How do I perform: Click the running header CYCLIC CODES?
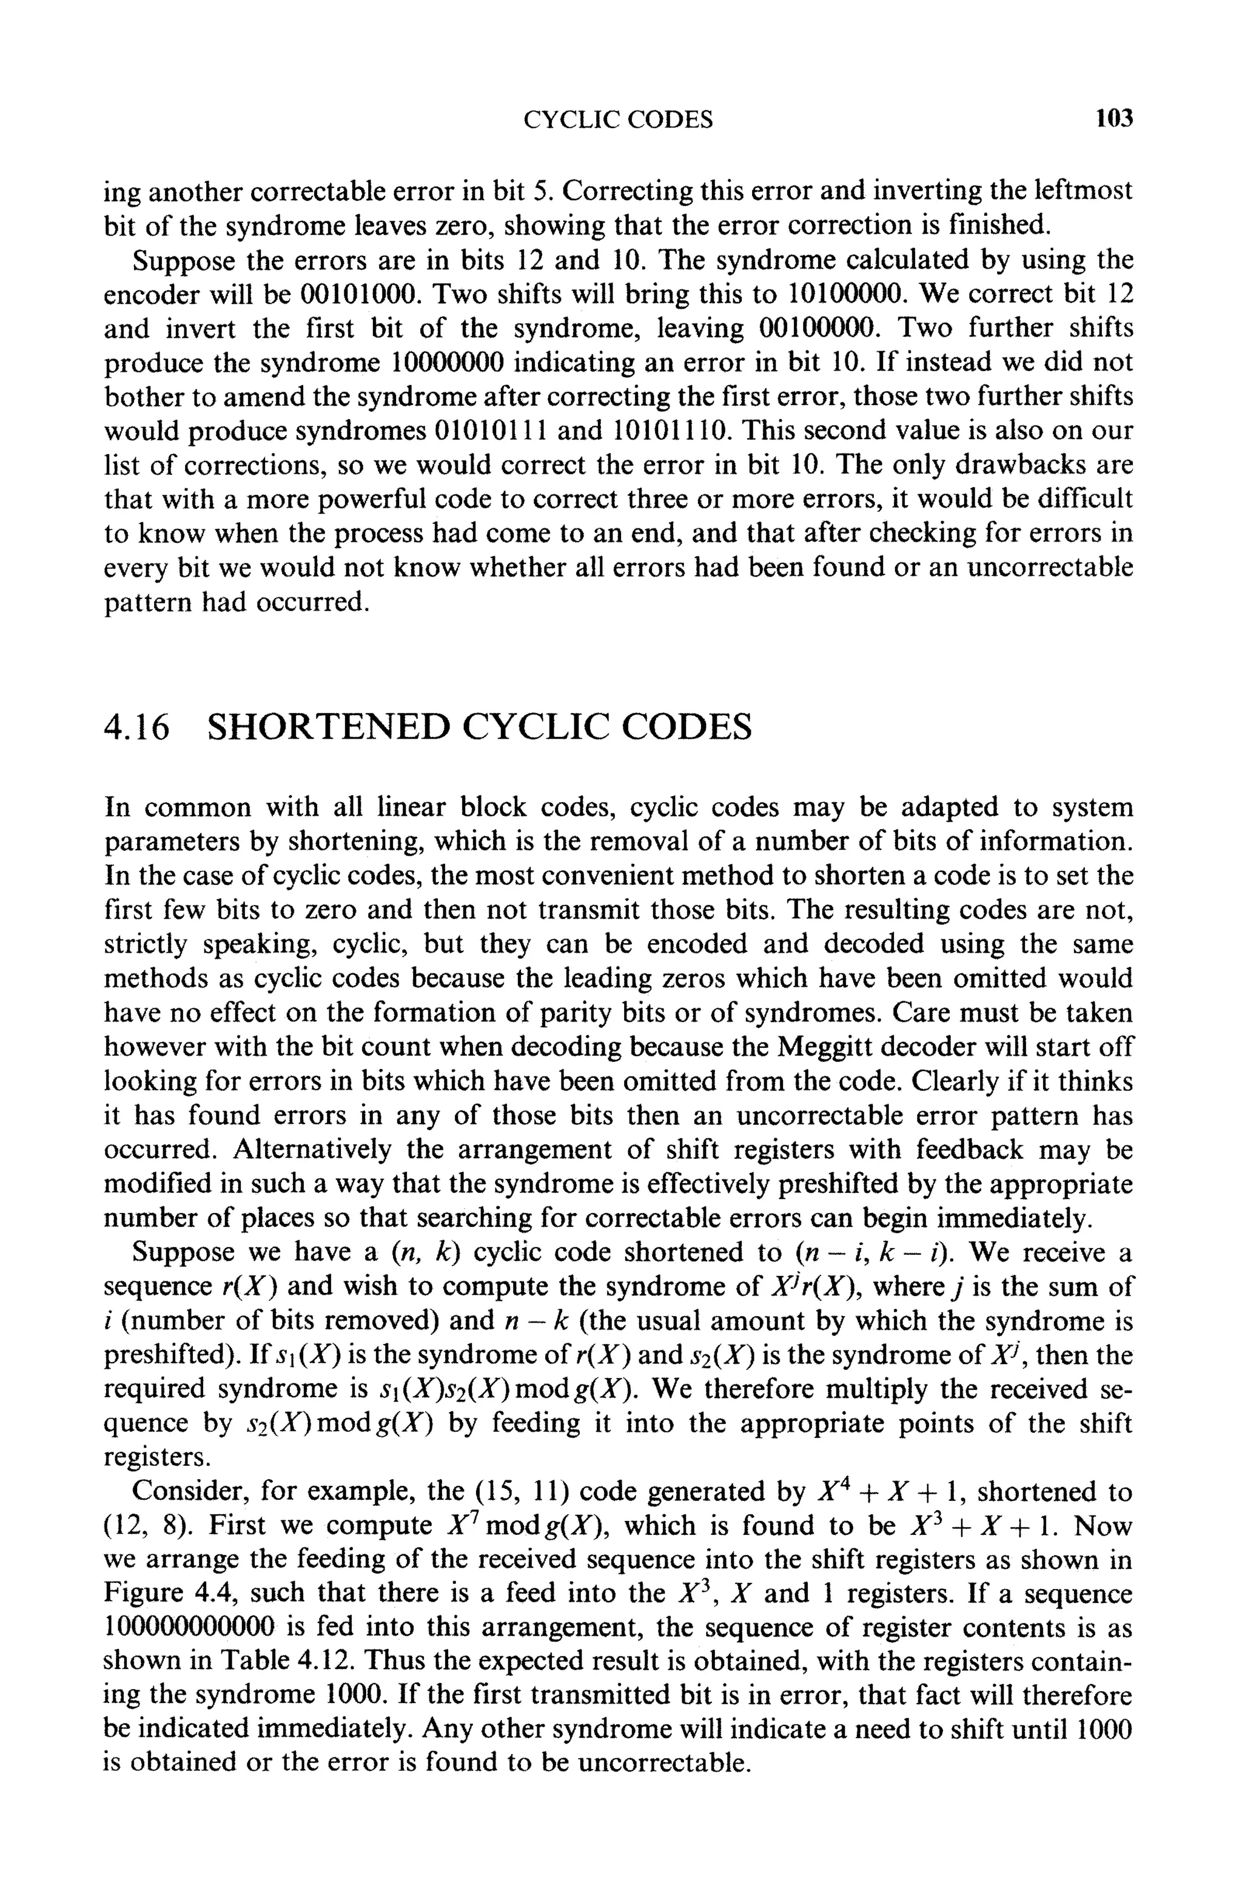click(x=618, y=120)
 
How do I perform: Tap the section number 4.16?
click(x=137, y=727)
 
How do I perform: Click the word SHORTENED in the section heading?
click(x=326, y=727)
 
